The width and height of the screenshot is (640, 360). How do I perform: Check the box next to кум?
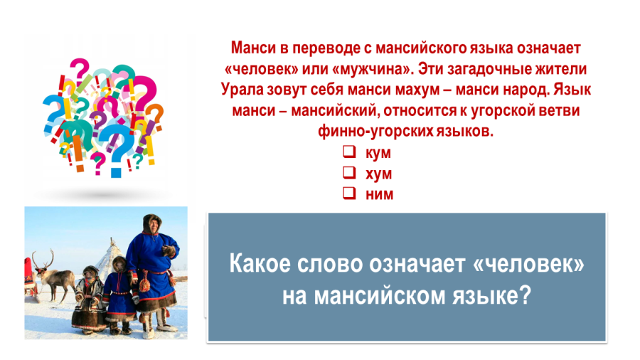tap(349, 152)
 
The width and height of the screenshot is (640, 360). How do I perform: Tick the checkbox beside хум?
tap(349, 173)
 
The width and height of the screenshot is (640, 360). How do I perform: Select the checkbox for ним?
tap(349, 193)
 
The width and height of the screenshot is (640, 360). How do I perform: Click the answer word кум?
tap(378, 153)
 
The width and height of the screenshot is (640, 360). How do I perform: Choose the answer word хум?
tap(378, 174)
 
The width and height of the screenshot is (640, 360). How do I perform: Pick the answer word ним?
tap(379, 194)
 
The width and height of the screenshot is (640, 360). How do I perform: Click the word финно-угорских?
tap(375, 131)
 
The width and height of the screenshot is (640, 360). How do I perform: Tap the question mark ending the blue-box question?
tap(526, 295)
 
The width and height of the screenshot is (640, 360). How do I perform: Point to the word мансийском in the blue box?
tap(379, 296)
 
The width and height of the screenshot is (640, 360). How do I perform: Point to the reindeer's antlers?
tap(43, 258)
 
